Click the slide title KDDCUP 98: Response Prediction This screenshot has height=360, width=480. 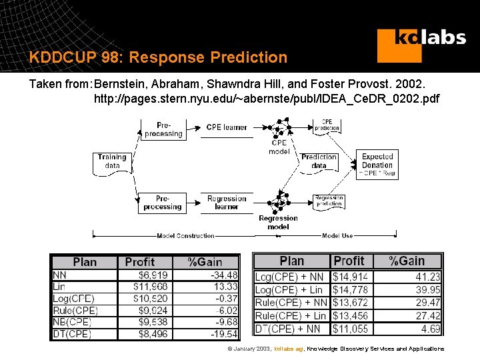tap(158, 57)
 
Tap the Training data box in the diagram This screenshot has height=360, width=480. tap(112, 162)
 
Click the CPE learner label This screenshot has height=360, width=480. tap(226, 127)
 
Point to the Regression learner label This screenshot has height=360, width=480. tap(226, 203)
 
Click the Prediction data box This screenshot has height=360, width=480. tap(319, 161)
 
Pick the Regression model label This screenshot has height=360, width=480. tap(278, 222)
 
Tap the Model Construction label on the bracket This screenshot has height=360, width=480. tap(185, 235)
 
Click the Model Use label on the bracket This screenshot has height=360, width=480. tap(337, 235)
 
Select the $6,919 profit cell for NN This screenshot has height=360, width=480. tap(153, 275)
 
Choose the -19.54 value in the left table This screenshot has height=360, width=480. tap(223, 334)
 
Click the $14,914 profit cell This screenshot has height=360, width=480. tap(351, 276)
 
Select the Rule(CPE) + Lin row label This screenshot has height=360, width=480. tap(291, 315)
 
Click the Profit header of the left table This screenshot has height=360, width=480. tap(139, 262)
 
